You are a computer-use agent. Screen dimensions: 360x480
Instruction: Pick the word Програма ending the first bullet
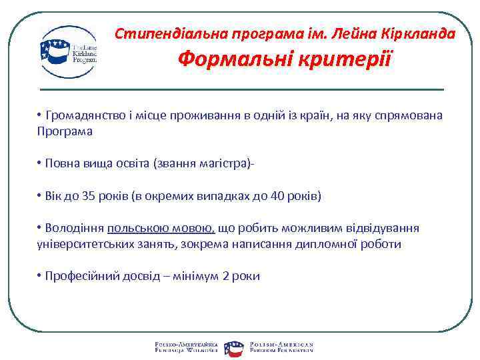65,131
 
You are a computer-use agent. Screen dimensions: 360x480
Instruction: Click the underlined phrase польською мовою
161,229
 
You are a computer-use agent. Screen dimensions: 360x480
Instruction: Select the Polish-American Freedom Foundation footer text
281,345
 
